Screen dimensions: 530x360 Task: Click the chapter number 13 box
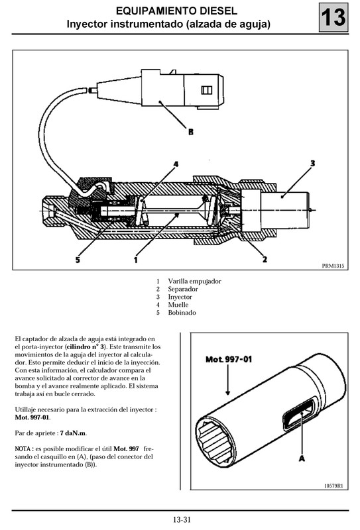(x=334, y=18)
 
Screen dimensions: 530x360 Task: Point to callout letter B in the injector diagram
(x=191, y=132)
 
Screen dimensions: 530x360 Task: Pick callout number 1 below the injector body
(x=136, y=260)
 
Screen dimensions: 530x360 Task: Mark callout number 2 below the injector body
(x=265, y=260)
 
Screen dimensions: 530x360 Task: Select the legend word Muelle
(x=179, y=304)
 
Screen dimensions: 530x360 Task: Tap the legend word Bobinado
(x=182, y=312)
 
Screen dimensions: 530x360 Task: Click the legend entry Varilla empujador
(x=194, y=281)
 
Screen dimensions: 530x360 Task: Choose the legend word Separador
(x=183, y=289)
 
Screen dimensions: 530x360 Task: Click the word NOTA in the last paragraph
(x=24, y=449)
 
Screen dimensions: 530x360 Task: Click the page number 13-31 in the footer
(x=180, y=520)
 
